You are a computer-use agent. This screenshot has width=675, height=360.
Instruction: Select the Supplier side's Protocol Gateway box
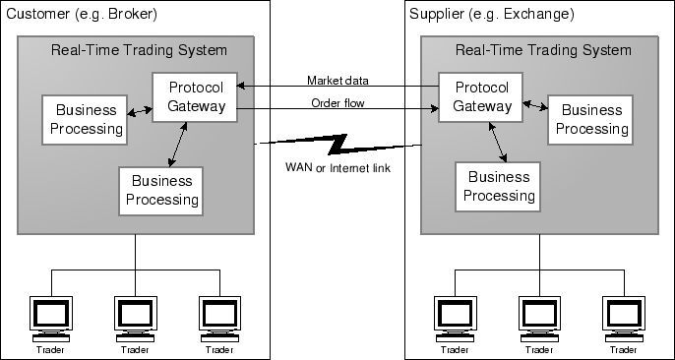[475, 97]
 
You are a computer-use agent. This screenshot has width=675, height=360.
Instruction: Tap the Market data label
[337, 80]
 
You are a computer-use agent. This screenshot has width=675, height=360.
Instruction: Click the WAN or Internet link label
[337, 168]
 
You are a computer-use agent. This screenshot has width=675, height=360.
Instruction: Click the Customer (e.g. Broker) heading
[82, 16]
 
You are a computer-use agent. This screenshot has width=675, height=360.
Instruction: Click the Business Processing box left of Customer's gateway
[84, 118]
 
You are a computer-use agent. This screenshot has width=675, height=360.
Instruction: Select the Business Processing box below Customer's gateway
[160, 191]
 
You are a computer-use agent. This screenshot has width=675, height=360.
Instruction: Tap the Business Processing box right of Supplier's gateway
[588, 119]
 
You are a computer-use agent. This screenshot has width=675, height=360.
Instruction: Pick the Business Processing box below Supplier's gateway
[498, 186]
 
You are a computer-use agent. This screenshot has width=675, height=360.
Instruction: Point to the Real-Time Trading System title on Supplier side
[542, 50]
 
